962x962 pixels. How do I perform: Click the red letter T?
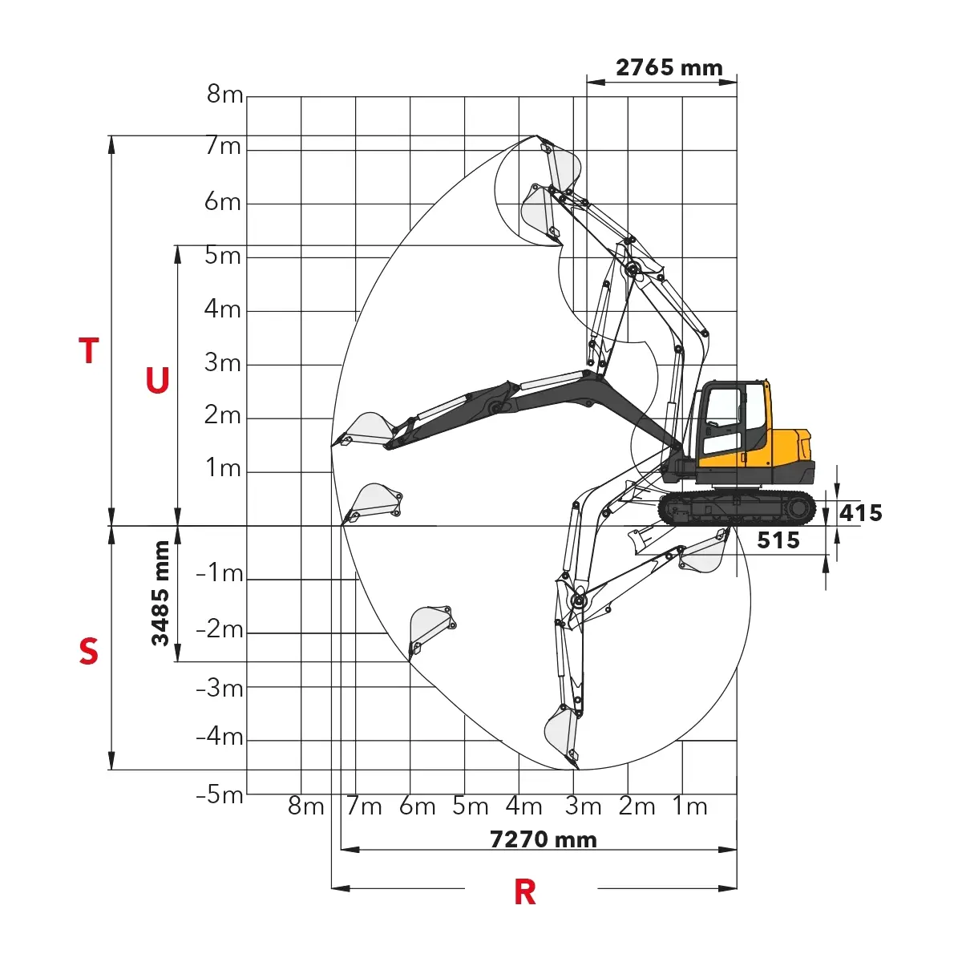[89, 350]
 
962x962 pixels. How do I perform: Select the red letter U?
[157, 380]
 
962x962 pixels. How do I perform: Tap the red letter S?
[88, 651]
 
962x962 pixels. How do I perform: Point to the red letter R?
[524, 892]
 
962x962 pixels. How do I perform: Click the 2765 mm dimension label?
[669, 67]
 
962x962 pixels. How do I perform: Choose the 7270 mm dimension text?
[543, 839]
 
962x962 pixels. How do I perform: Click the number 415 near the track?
[860, 513]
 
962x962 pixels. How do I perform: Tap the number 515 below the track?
[778, 540]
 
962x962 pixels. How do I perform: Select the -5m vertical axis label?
[219, 794]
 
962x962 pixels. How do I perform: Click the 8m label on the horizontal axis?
[305, 806]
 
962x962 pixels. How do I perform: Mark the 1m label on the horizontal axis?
[689, 806]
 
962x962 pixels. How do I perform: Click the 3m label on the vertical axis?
[223, 362]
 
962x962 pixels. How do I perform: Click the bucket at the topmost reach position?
[562, 164]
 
